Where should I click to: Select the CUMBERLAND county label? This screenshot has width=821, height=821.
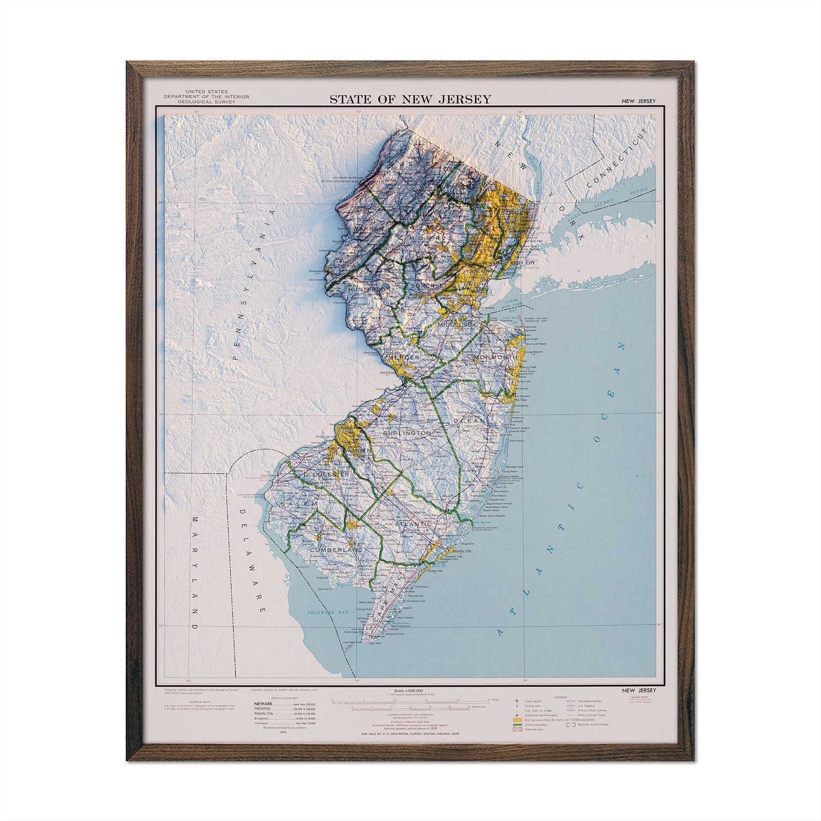(x=336, y=550)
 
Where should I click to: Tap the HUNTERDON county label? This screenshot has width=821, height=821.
(x=370, y=289)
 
